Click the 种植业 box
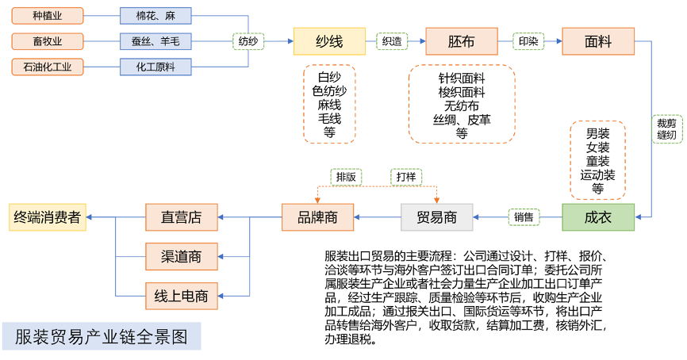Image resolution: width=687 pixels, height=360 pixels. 47,15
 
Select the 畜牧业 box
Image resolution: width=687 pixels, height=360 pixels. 47,40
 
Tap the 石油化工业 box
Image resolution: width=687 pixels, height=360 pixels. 47,67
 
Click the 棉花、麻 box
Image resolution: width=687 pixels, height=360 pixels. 155,15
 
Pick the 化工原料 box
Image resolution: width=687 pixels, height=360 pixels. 155,67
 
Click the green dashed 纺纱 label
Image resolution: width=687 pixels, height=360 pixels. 248,40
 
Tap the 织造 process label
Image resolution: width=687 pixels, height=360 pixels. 391,40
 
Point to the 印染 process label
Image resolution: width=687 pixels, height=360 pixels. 528,40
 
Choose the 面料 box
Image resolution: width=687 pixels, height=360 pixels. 598,41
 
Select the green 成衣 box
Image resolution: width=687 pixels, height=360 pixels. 598,217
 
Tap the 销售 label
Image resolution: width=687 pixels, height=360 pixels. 524,216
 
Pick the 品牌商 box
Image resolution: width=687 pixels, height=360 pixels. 317,217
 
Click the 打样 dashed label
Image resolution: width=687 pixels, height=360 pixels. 406,177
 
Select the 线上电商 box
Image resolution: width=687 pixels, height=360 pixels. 181,297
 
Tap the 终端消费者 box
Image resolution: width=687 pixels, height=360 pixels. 47,217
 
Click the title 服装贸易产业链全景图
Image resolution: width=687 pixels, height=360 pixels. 102,336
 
